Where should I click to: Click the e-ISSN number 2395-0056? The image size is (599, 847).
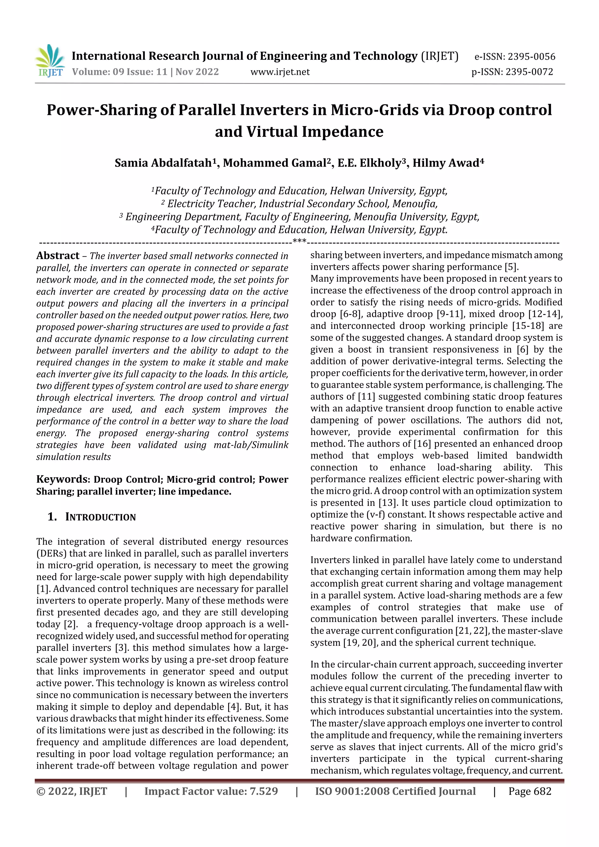531,57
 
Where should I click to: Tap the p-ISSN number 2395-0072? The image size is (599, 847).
529,72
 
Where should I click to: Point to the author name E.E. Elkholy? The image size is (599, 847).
371,163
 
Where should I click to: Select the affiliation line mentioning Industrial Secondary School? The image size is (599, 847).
299,203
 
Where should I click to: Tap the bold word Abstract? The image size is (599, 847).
58,256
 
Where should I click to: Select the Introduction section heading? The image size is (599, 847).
100,517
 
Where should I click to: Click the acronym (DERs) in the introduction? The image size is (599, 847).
51,553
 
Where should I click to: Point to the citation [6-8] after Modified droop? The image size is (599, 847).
351,314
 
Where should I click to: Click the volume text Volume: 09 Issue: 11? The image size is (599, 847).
120,72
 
